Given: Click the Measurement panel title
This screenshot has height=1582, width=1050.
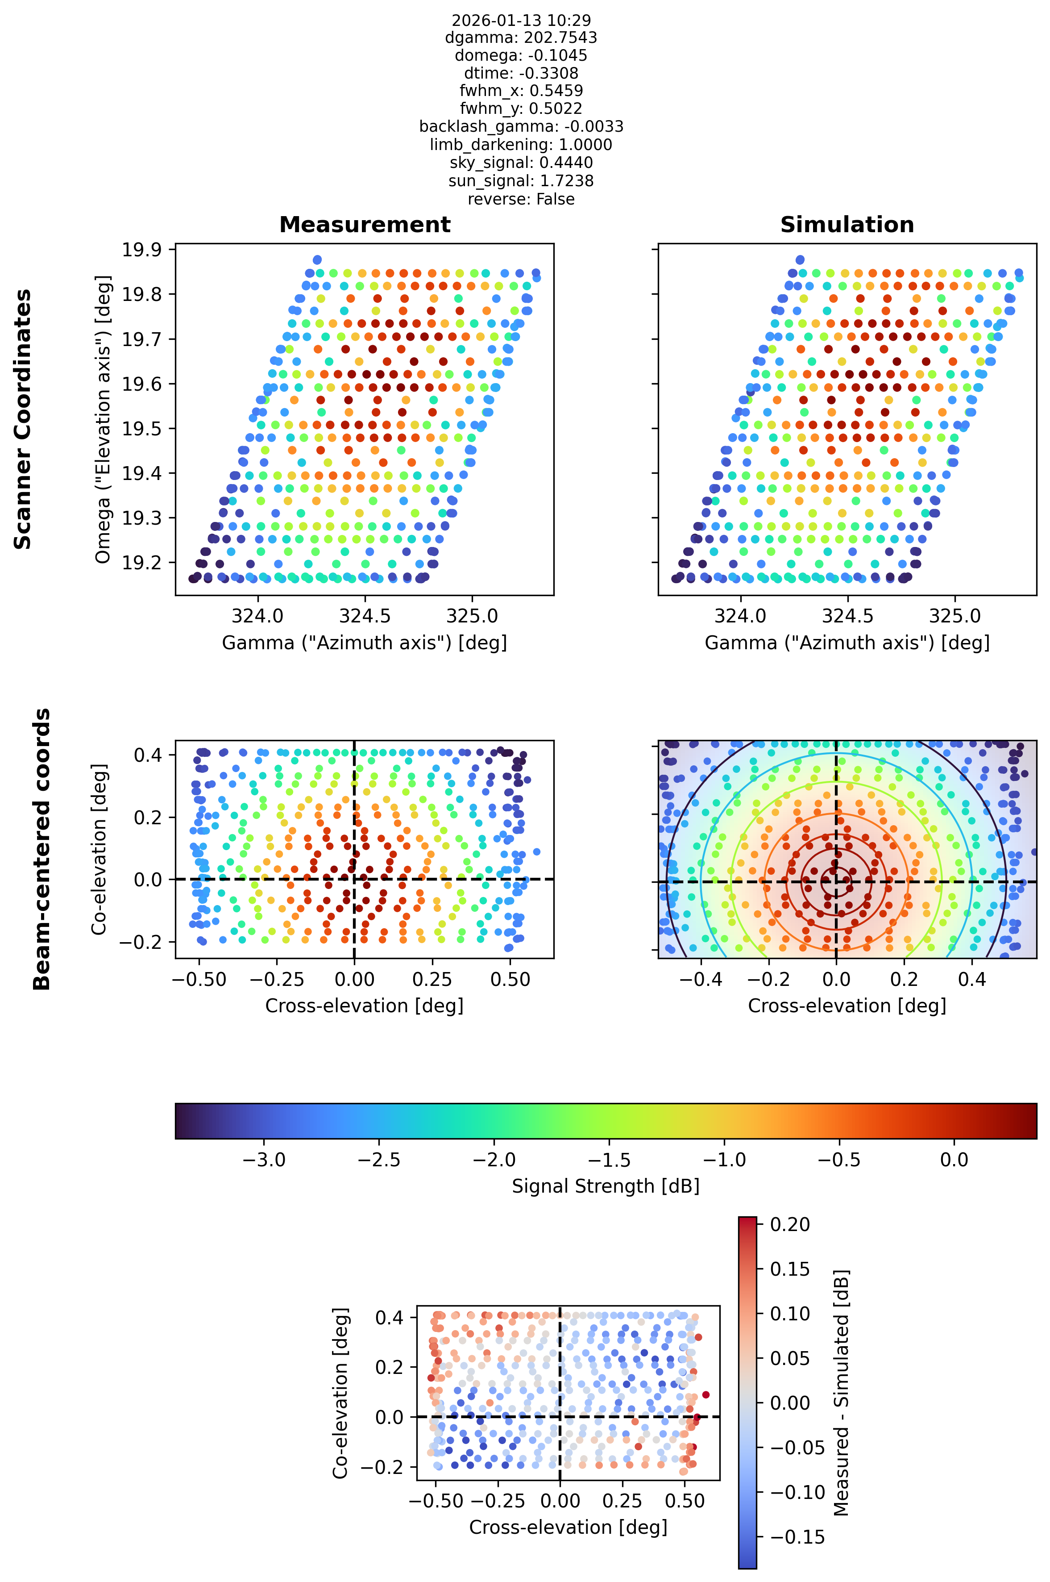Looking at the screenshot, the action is tap(365, 225).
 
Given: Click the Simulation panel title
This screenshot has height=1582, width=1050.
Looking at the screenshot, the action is tap(847, 225).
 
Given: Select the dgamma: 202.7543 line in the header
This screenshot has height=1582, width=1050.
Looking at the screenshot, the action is tap(521, 38).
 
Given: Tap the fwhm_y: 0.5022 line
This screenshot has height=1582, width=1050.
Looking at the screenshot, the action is tap(521, 109).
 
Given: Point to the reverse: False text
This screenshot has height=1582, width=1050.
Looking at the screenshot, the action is tap(521, 199).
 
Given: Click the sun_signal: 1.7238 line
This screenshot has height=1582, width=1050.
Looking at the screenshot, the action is tap(521, 181).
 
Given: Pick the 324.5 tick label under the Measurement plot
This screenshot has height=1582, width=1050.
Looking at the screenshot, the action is tap(365, 615).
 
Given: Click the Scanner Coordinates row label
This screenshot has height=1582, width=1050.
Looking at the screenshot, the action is tap(23, 419).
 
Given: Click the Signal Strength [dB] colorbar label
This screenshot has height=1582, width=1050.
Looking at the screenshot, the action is tap(606, 1186).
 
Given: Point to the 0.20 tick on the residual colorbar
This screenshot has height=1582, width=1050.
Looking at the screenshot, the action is tap(790, 1224).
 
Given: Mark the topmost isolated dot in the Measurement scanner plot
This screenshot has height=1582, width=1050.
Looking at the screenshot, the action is tap(317, 260).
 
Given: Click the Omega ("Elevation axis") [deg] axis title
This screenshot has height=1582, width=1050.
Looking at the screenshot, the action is tap(103, 419).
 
